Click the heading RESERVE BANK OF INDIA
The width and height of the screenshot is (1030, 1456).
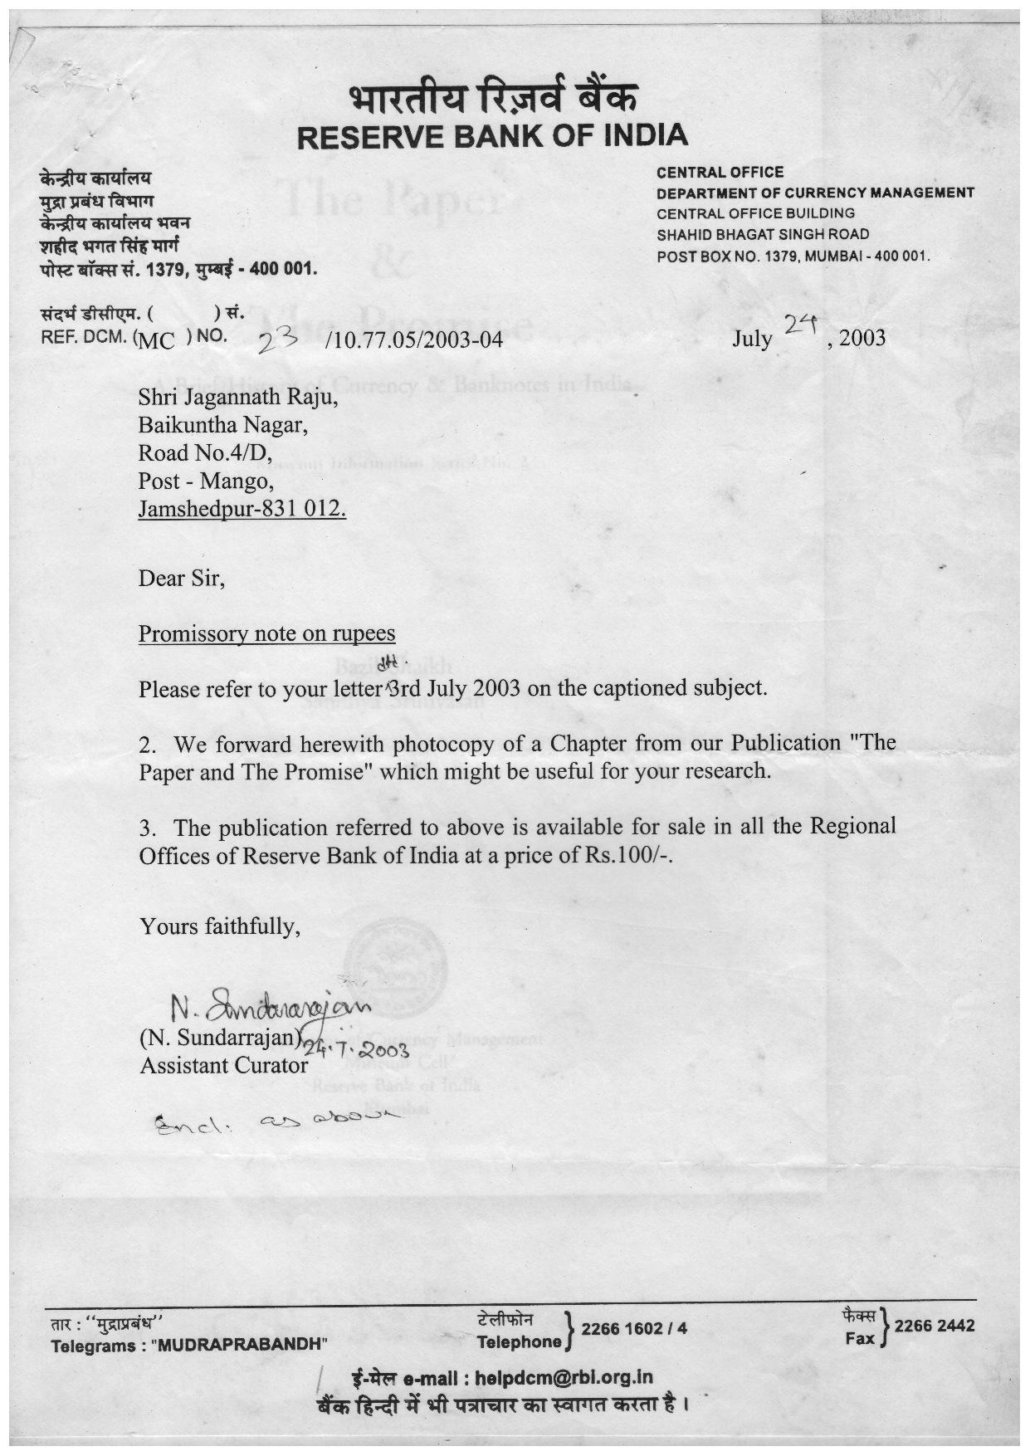tap(492, 136)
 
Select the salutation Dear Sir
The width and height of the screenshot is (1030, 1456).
tap(181, 578)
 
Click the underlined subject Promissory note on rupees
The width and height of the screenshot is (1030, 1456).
tap(266, 633)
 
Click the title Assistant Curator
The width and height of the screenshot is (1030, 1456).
tap(223, 1065)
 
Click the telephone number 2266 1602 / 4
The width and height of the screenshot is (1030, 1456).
tap(634, 1329)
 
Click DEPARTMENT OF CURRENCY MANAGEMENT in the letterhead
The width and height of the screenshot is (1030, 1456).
tap(815, 193)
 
